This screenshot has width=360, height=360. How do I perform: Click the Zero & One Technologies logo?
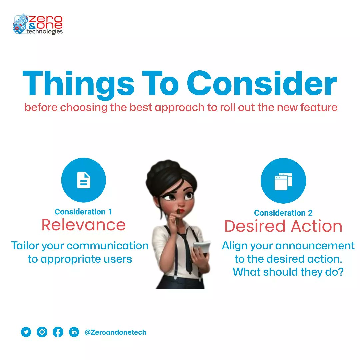(38, 24)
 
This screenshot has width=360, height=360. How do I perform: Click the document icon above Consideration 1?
(83, 180)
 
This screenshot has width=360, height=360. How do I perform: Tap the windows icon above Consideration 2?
(283, 181)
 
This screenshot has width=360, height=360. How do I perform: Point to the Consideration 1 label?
(83, 212)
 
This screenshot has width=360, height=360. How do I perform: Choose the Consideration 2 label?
(283, 213)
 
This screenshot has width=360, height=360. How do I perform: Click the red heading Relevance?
(83, 225)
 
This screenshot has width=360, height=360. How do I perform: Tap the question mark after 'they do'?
(340, 272)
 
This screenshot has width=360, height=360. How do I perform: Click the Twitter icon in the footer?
(26, 332)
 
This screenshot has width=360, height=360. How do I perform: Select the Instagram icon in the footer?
(42, 332)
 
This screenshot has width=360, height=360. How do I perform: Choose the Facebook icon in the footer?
(58, 332)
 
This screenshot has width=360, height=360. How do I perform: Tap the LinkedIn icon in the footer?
(74, 332)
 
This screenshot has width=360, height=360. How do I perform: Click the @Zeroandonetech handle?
(115, 332)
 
